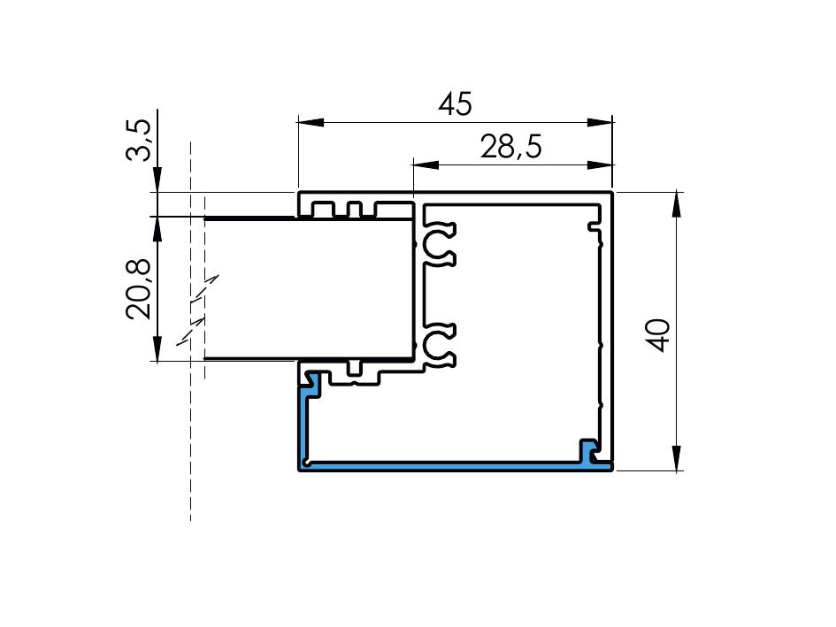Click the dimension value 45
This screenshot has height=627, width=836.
(x=455, y=104)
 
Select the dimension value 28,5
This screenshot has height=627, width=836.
(x=510, y=147)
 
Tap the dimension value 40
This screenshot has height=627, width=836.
(x=660, y=335)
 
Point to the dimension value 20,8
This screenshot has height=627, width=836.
(x=138, y=289)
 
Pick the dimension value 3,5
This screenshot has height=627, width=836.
(x=138, y=141)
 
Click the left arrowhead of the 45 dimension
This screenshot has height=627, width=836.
(x=311, y=123)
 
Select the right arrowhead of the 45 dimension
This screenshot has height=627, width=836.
(x=600, y=123)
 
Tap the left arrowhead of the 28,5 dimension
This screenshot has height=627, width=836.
(x=426, y=165)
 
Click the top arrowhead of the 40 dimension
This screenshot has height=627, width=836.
(x=677, y=204)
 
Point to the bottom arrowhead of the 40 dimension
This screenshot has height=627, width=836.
(x=677, y=458)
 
